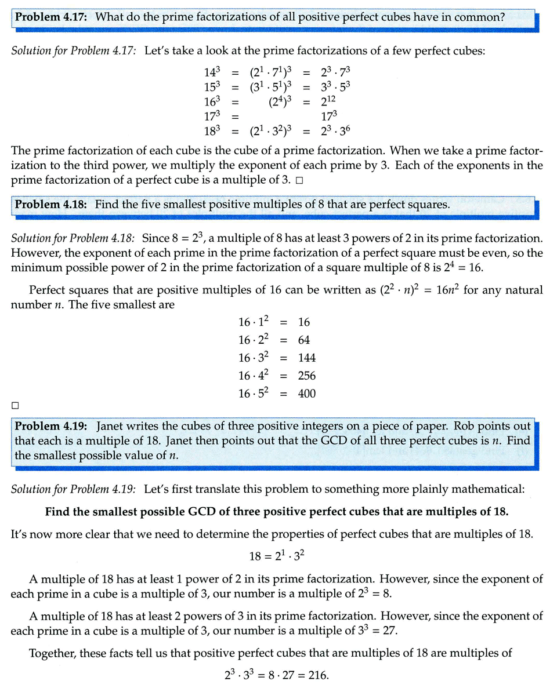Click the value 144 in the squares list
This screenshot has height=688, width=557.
tap(306, 358)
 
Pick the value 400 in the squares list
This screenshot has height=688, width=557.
tap(306, 394)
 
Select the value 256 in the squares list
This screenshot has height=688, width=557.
tap(306, 376)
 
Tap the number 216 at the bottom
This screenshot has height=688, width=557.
tap(318, 675)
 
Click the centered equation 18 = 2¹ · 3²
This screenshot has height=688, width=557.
tap(277, 556)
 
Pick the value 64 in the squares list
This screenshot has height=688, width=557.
tap(303, 340)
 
